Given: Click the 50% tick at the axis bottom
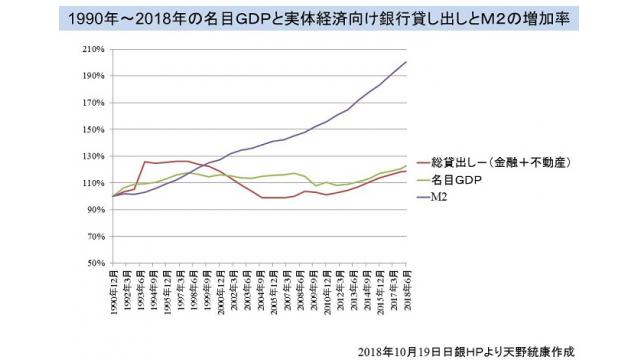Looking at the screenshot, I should (94, 264).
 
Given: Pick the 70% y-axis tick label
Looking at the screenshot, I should (94, 237).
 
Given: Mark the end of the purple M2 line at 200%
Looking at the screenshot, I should (406, 62).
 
